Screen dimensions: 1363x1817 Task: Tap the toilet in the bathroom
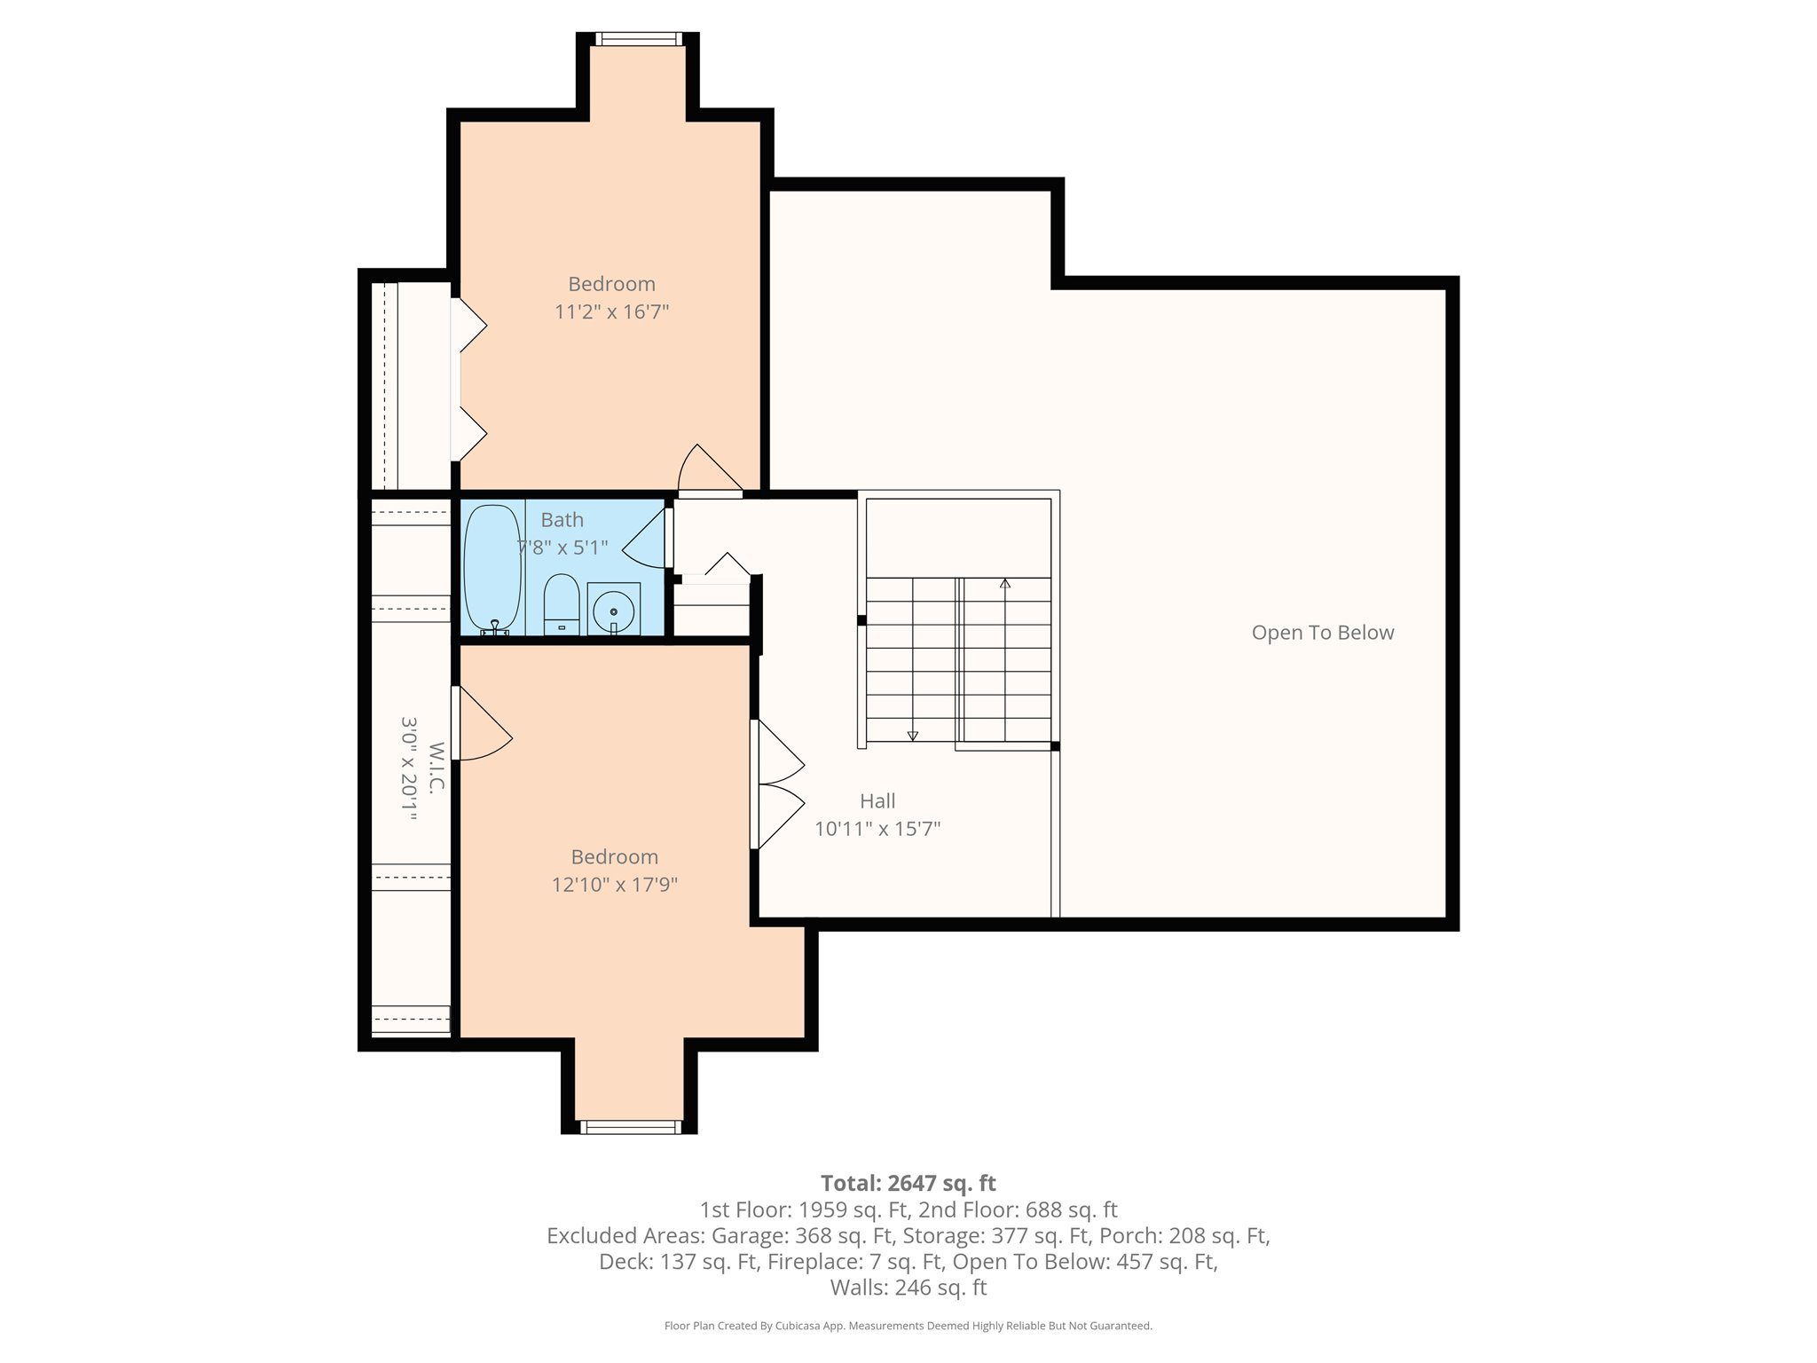click(x=561, y=605)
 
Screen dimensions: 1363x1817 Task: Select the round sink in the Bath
click(x=613, y=611)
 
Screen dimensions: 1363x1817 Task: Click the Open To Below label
click(x=1322, y=633)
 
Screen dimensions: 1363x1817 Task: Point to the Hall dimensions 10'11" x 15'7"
click(x=877, y=829)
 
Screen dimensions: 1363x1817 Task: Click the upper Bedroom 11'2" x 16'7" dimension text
click(x=611, y=311)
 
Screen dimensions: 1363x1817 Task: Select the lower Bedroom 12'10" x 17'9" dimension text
click(x=614, y=885)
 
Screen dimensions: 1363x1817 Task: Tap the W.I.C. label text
click(x=436, y=768)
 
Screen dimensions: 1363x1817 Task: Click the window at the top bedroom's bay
click(x=638, y=39)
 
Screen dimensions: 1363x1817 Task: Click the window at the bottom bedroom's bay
click(x=630, y=1127)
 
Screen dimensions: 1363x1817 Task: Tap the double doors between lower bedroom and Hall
click(x=778, y=785)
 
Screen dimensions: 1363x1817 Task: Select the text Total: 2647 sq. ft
click(x=908, y=1183)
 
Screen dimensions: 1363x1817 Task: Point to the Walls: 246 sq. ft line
click(x=908, y=1288)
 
